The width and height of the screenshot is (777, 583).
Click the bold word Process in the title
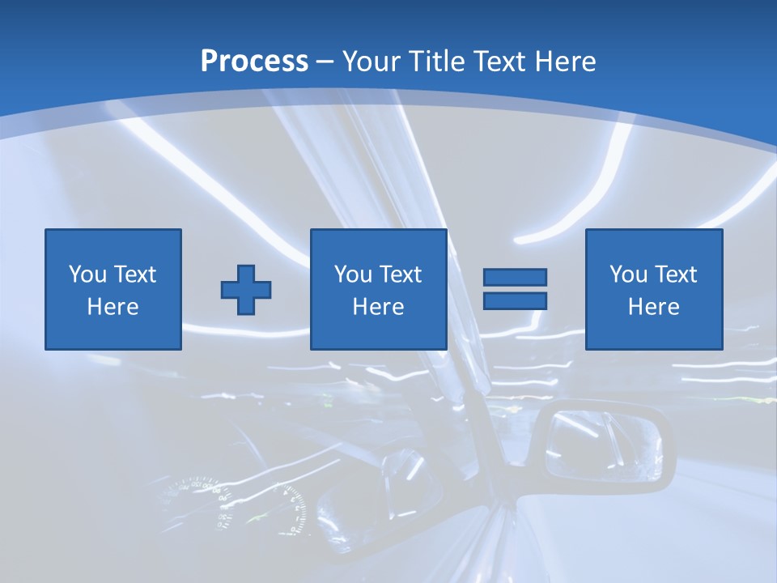254,62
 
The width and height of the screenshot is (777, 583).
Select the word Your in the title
372,62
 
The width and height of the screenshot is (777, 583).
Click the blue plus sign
246,289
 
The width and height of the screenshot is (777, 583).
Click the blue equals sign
515,289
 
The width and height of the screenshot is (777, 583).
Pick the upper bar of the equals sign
515,278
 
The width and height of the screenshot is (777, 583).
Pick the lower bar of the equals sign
515,300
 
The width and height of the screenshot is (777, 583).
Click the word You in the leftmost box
87,274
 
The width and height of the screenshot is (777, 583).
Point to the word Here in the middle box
379,307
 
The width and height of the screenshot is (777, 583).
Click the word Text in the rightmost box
677,274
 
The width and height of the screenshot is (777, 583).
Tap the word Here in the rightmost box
654,307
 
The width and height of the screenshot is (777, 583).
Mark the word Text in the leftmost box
134,274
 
